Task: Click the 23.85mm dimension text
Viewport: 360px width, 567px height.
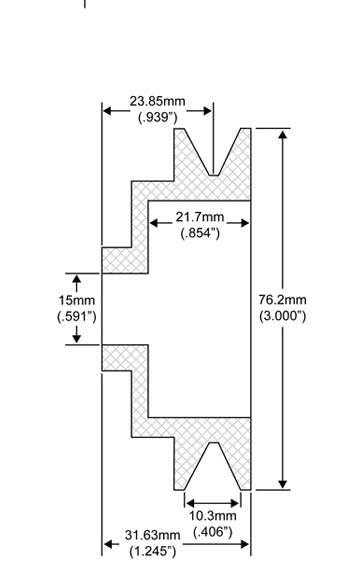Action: click(156, 101)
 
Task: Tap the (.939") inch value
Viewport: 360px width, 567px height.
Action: click(157, 117)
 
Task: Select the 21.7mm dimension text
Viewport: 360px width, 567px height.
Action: click(199, 218)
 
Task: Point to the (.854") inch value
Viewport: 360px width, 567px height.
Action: click(200, 234)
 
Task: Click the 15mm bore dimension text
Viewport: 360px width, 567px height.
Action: click(76, 300)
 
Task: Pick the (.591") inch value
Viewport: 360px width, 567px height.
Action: click(76, 316)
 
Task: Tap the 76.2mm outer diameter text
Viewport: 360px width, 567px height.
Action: click(282, 300)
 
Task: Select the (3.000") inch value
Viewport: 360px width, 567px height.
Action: click(282, 316)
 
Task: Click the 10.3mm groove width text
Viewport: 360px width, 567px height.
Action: click(210, 515)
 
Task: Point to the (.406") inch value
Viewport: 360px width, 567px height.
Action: click(211, 531)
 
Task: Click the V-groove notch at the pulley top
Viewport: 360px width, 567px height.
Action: click(214, 160)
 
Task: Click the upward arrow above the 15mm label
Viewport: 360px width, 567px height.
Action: click(77, 279)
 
